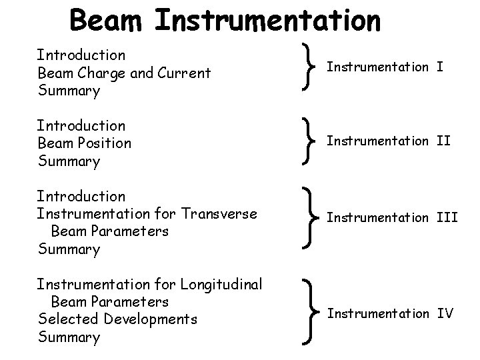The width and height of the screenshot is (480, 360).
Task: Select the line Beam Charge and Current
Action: pyautogui.click(x=124, y=73)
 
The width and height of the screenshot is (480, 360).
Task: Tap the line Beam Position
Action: pyautogui.click(x=85, y=143)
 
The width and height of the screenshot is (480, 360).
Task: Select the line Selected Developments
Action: pyautogui.click(x=118, y=319)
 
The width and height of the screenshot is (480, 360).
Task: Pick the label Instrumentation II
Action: pyautogui.click(x=389, y=141)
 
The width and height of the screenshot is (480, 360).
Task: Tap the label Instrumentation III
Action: pyautogui.click(x=392, y=217)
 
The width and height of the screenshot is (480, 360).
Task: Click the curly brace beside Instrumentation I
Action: pyautogui.click(x=307, y=67)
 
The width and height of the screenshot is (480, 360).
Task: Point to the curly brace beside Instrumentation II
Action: pyautogui.click(x=307, y=141)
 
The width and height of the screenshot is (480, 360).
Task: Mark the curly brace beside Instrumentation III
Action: pyautogui.click(x=307, y=218)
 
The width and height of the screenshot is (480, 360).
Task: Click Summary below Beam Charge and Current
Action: pyautogui.click(x=69, y=91)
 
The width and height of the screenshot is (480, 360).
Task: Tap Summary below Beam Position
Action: pyautogui.click(x=69, y=161)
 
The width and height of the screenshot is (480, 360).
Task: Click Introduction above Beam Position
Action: pyautogui.click(x=81, y=125)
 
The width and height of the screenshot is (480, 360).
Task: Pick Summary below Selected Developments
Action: pyautogui.click(x=69, y=337)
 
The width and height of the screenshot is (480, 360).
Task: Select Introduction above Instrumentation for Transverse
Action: pyautogui.click(x=81, y=196)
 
